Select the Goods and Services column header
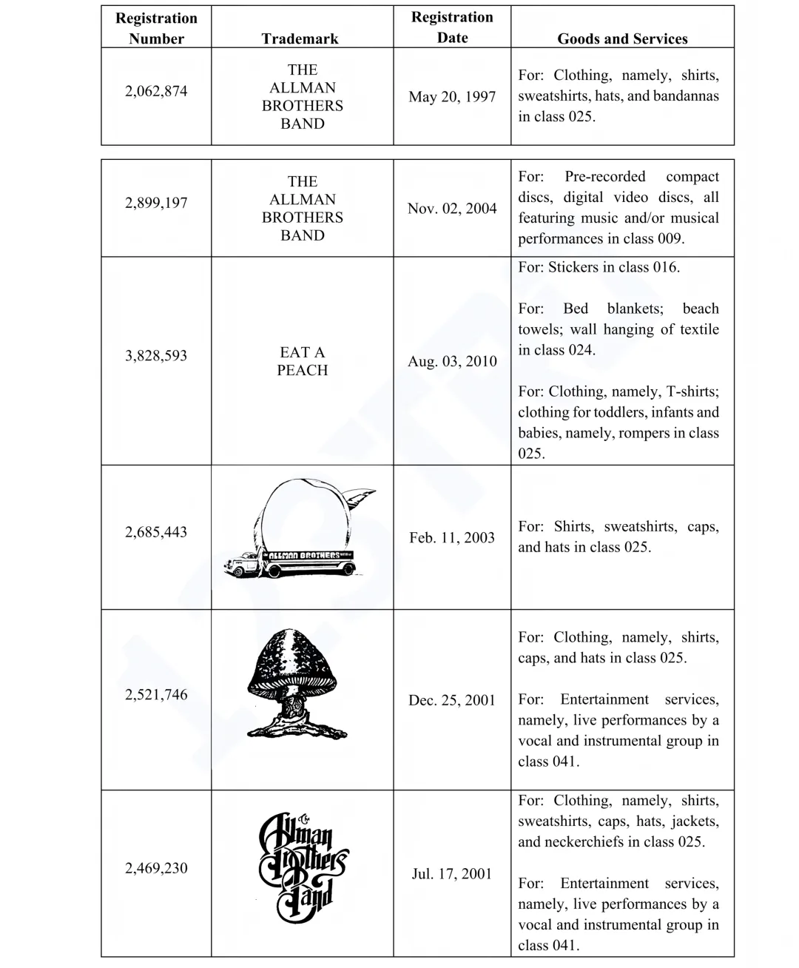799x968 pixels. click(622, 39)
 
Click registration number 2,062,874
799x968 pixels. click(156, 91)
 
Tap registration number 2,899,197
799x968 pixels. click(156, 203)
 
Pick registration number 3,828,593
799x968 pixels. click(156, 355)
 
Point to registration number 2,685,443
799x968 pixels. click(156, 531)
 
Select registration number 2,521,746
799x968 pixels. click(156, 694)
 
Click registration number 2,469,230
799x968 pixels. click(156, 868)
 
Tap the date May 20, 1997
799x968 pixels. click(452, 97)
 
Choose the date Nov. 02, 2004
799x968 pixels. click(452, 209)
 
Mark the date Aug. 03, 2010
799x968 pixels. click(452, 361)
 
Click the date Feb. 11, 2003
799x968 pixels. click(452, 537)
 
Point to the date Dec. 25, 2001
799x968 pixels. click(452, 700)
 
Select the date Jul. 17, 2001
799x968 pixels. click(452, 874)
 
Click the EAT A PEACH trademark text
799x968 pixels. click(302, 361)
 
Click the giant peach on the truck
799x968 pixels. click(303, 514)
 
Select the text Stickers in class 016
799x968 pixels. click(599, 267)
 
